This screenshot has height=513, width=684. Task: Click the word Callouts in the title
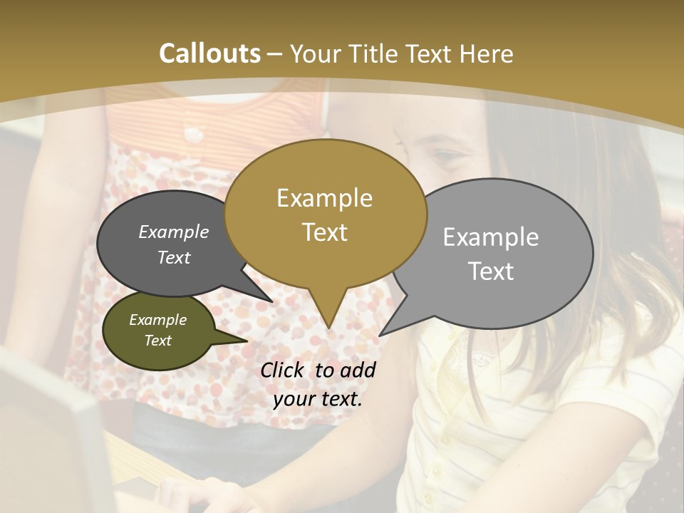(x=209, y=53)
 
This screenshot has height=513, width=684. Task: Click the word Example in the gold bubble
(x=324, y=198)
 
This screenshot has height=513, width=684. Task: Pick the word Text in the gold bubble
(x=324, y=232)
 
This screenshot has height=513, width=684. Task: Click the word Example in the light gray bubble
(x=490, y=237)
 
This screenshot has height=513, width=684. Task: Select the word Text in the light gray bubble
(x=491, y=271)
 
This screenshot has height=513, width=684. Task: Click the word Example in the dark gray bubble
(x=173, y=232)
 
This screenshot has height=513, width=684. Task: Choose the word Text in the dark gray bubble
(x=173, y=257)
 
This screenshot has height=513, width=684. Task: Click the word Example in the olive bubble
(x=157, y=320)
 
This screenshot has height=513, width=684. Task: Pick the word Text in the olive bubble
(x=157, y=341)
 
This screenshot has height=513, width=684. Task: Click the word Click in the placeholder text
(x=284, y=370)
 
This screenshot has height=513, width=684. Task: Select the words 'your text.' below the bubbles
(x=318, y=398)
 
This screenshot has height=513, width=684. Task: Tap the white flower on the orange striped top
(x=193, y=133)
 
